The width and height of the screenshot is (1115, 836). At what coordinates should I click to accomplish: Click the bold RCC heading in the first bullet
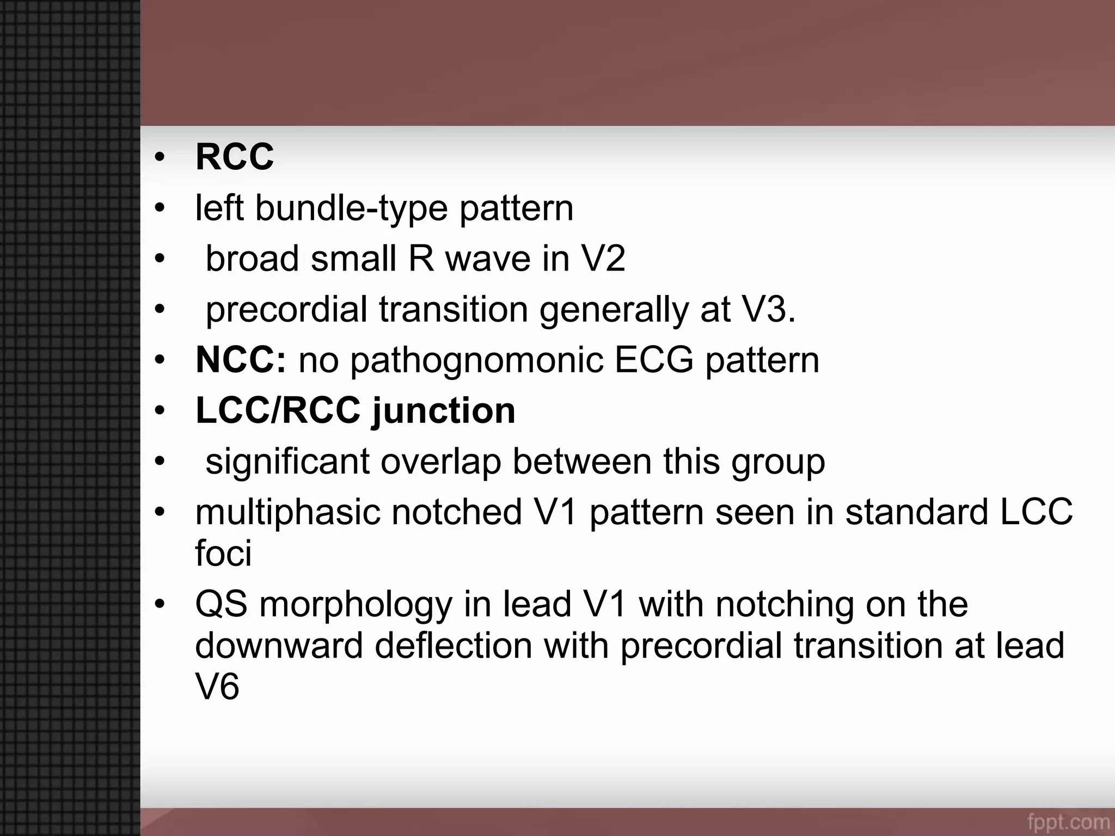coord(234,157)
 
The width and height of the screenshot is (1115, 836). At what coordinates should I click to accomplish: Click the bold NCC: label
coord(240,360)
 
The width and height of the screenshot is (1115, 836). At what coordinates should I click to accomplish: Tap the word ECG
coord(653,360)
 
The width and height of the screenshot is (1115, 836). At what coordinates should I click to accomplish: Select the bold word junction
coord(443,410)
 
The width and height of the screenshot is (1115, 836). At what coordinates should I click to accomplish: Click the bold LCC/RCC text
coord(278,410)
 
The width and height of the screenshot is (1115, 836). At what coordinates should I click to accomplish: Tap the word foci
coord(223,553)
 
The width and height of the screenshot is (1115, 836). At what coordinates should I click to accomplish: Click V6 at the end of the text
coord(217,686)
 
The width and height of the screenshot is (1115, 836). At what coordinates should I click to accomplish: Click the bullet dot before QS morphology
coord(159,605)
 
